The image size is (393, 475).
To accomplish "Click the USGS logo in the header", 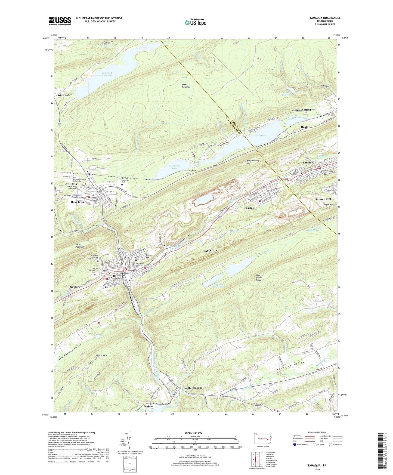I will point(60,21).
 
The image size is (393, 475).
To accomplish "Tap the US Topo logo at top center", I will point(195,22).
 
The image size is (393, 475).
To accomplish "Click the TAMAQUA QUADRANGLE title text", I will point(324,18).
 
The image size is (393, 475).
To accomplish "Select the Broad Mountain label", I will point(186,86).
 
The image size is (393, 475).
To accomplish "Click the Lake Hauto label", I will point(260,135).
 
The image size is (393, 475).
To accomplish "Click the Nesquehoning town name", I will point(301,110).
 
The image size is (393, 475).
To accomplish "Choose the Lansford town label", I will point(308,162).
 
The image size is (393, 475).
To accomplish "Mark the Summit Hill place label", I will point(323,199).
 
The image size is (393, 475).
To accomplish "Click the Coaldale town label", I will point(249,208).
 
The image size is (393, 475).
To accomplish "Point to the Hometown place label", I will point(77,202).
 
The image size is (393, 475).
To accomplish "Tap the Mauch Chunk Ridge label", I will point(259,277).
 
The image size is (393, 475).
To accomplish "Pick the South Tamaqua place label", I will point(193,388).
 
